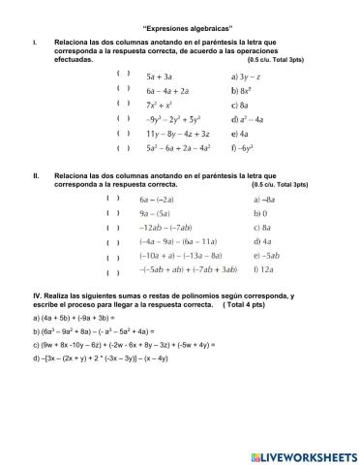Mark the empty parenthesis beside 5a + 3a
point(122,73)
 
